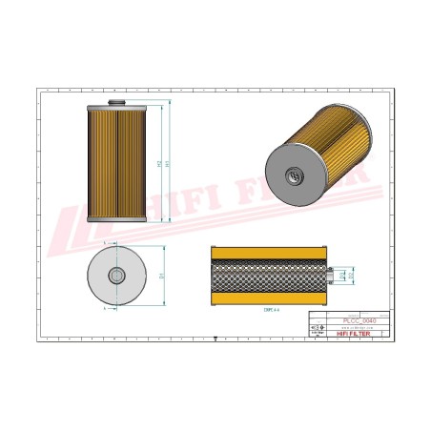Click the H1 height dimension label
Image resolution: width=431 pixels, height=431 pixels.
pos(169,164)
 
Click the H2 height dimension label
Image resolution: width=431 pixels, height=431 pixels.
pos(158,164)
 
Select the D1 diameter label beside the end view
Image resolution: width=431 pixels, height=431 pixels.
pos(162,277)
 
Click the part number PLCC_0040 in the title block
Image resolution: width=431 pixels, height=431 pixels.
pos(359,320)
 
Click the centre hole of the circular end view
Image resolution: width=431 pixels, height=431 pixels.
pos(117,277)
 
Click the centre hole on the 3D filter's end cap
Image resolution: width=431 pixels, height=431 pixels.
pos(292,175)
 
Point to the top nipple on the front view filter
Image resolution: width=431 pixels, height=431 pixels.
pos(117,100)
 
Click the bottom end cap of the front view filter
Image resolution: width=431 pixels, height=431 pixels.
pos(117,218)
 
